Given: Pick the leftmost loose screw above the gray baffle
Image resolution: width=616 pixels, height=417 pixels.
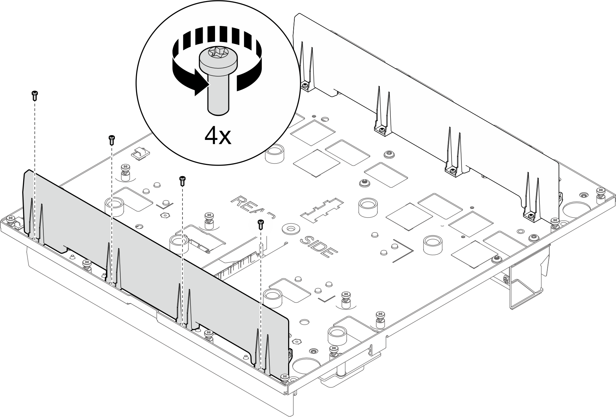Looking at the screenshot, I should pos(34,95).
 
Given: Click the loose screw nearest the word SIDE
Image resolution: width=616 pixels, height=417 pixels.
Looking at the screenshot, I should pos(260,224).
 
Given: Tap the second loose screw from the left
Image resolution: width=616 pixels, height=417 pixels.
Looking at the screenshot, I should pos(111,140).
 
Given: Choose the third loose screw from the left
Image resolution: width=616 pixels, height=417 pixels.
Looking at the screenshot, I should pos(183,181).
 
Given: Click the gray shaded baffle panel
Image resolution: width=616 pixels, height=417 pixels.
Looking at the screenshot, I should pos(154,267).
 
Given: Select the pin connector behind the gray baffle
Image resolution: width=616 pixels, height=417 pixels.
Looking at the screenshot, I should pos(236,270).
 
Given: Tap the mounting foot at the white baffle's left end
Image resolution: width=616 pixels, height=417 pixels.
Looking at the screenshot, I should pos(307,86).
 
